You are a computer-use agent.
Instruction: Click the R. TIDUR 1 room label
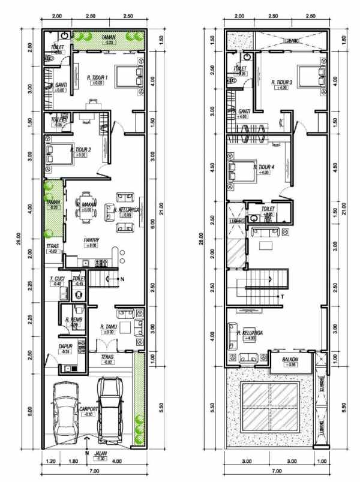point(97,77)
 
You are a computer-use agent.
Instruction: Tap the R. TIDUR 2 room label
point(82,149)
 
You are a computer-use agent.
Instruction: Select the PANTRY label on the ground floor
point(91,239)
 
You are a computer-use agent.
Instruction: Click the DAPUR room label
point(65,346)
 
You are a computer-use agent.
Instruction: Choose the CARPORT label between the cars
point(88,409)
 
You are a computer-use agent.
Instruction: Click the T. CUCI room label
point(57,279)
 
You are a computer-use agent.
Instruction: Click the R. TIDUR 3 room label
point(281,82)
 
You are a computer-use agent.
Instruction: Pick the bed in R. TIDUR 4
point(239,170)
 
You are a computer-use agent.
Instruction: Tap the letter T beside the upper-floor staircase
point(281,297)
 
